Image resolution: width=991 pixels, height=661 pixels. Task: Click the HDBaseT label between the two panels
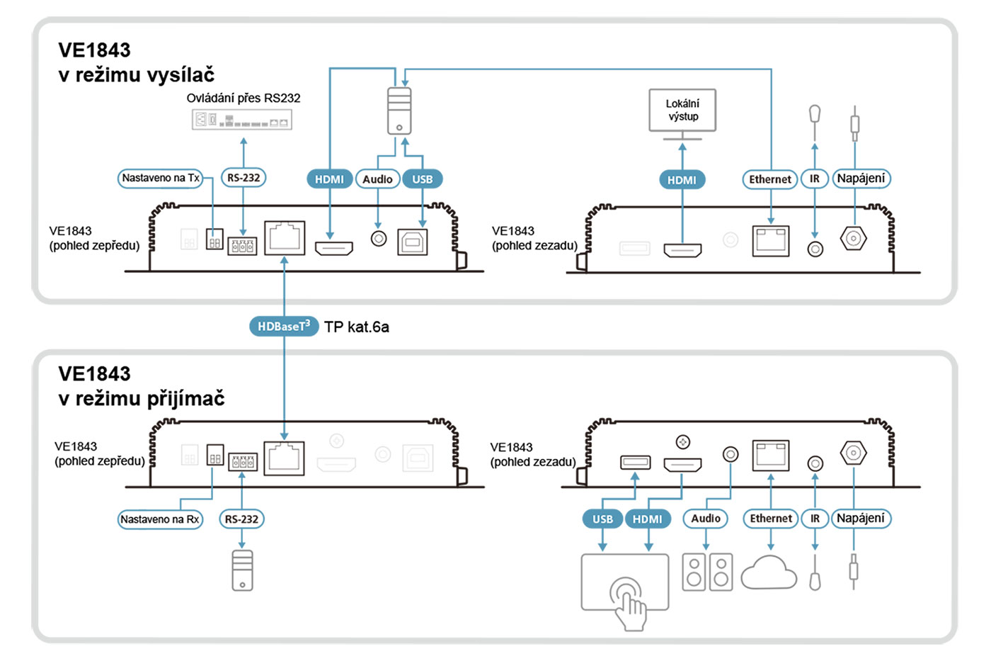283,327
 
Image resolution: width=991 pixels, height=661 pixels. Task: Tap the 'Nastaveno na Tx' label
161,178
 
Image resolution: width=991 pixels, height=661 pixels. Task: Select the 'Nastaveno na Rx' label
160,519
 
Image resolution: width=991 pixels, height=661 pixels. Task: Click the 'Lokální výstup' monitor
682,111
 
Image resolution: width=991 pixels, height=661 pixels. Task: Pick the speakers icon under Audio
707,572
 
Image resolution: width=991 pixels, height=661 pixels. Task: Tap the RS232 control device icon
242,120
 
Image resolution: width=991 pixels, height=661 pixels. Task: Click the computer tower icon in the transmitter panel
399,111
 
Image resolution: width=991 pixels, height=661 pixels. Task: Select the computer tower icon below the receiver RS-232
242,571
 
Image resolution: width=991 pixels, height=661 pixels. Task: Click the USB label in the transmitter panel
423,179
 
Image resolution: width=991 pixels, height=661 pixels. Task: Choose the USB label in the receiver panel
602,519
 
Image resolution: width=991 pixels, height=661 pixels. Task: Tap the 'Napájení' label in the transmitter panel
861,179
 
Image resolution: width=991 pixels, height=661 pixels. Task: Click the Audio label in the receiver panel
706,519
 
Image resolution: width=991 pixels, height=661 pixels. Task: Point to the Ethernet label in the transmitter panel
770,179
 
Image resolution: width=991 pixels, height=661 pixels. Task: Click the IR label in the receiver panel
815,519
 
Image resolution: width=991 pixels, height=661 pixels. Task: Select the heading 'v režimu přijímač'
142,398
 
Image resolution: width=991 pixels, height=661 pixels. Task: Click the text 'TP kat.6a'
357,327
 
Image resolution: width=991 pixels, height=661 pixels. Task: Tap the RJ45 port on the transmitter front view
285,238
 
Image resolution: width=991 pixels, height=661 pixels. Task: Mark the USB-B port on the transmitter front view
413,242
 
